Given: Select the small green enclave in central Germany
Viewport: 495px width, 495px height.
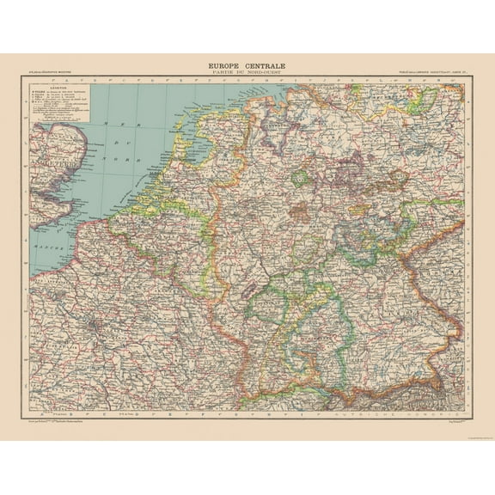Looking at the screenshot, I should (300, 179).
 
